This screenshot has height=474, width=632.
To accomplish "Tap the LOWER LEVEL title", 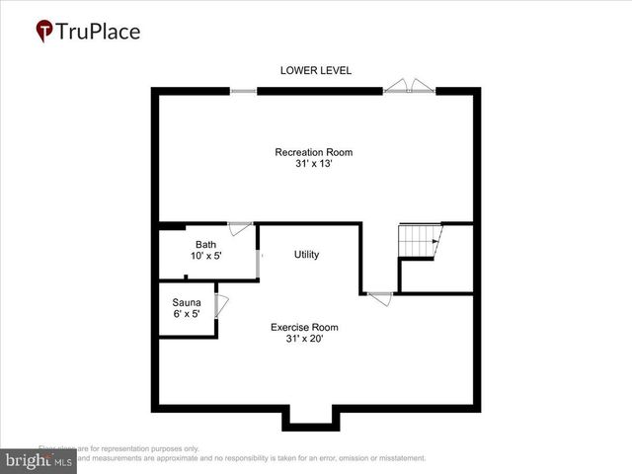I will click(x=316, y=70).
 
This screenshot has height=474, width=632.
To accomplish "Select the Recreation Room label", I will click(x=313, y=152).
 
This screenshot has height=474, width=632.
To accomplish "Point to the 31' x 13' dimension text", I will click(x=313, y=165).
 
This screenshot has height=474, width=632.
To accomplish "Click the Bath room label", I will click(x=205, y=244).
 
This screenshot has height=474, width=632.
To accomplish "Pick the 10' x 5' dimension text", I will click(x=205, y=256).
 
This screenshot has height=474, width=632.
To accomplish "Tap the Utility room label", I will click(x=306, y=255).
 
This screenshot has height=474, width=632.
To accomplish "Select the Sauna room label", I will click(x=187, y=302).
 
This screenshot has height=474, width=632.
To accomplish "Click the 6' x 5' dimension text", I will click(x=187, y=314).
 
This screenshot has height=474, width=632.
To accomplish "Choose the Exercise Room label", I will click(x=305, y=327).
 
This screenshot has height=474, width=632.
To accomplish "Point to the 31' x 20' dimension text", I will click(x=305, y=339).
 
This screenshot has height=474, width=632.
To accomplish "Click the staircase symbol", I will click(x=420, y=241).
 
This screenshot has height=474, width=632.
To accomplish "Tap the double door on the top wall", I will click(x=409, y=87).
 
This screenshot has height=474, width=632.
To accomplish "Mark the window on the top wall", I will click(x=244, y=91).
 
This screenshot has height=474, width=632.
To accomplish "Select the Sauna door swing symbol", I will click(x=221, y=305).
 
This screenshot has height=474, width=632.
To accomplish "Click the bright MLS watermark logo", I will click(x=38, y=461).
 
